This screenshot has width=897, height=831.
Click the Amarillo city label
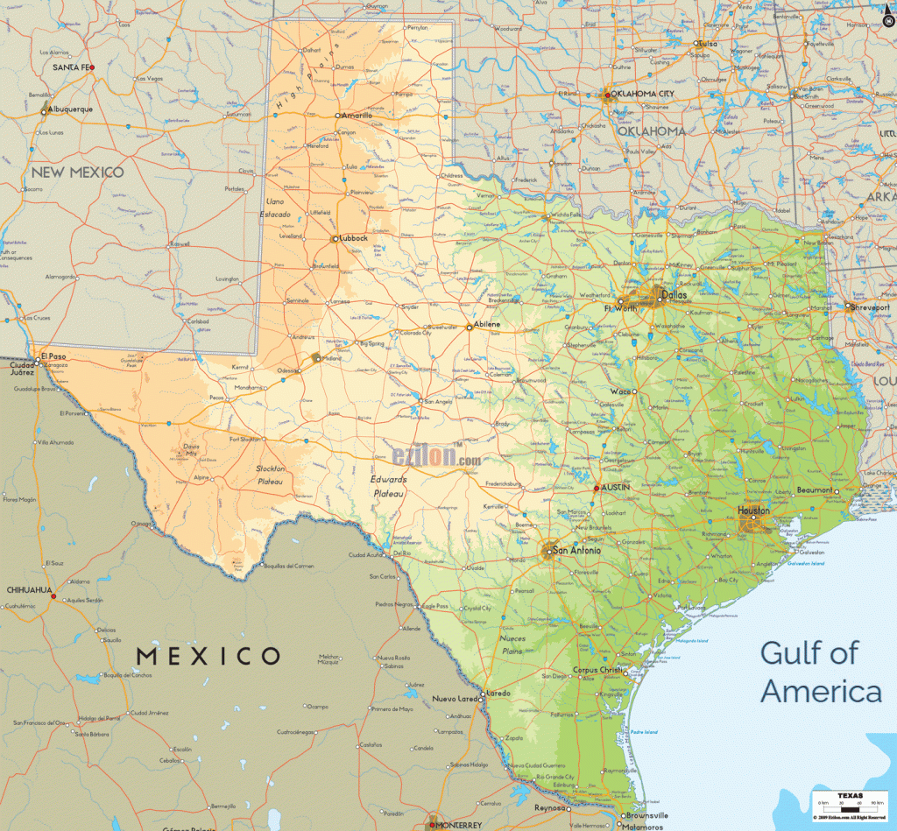coord(357,116)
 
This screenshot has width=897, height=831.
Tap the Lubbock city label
coord(354,238)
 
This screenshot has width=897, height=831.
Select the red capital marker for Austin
coord(597,488)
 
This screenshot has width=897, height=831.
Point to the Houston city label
coord(753,511)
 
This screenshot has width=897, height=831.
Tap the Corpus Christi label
coord(597,671)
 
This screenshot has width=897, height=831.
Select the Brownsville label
coord(646,815)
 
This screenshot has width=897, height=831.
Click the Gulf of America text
coord(821,672)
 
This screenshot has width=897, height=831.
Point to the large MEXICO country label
coord(208,655)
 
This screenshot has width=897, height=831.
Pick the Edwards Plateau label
coord(388,487)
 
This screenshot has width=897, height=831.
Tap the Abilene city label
coord(487,325)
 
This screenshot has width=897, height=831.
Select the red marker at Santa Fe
coord(92,67)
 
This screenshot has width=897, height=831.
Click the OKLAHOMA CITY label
coord(644,94)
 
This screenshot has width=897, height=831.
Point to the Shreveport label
coord(870,307)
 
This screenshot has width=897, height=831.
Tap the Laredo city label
coord(498,693)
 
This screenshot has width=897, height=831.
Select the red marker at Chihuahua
coord(53,597)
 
